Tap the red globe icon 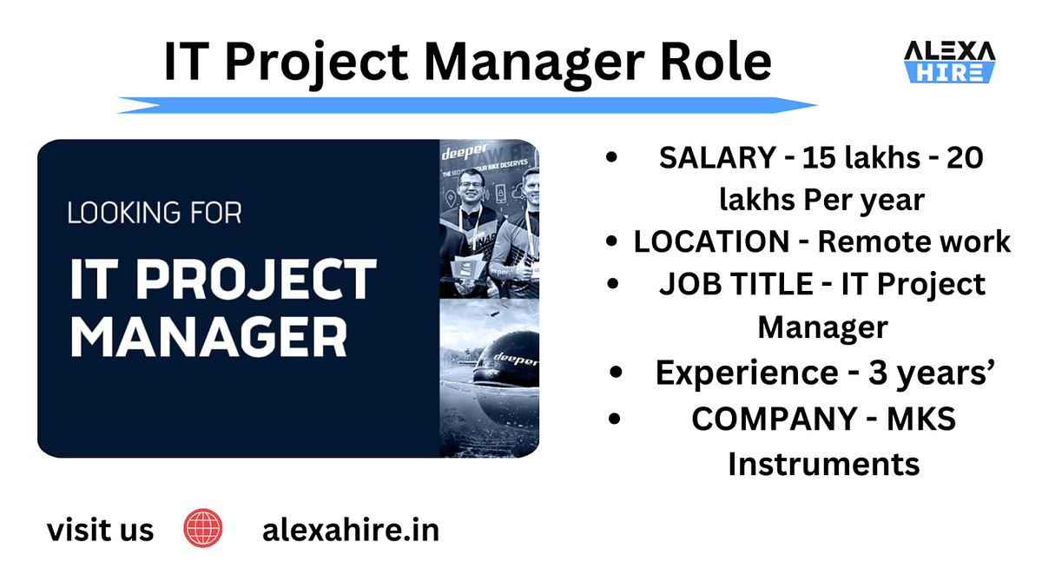coord(203,528)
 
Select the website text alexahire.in coord(350,529)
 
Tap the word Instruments coord(823,463)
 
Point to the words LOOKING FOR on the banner coord(155,213)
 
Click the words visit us coord(100,529)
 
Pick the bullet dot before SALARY coord(614,158)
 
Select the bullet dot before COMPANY coord(614,419)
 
